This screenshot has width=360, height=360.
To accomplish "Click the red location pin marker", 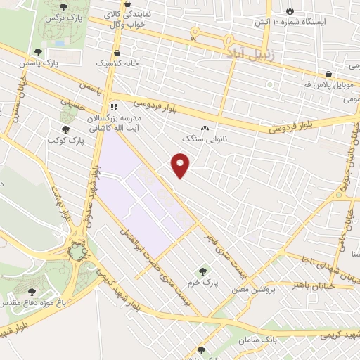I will click(x=181, y=165).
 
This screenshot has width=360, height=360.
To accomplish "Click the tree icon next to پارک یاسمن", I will click(x=38, y=51).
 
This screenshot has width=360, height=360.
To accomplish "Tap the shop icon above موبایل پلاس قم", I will click(x=328, y=75).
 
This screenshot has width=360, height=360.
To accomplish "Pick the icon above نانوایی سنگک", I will click(x=205, y=128).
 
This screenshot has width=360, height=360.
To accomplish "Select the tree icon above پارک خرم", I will click(x=203, y=271).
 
